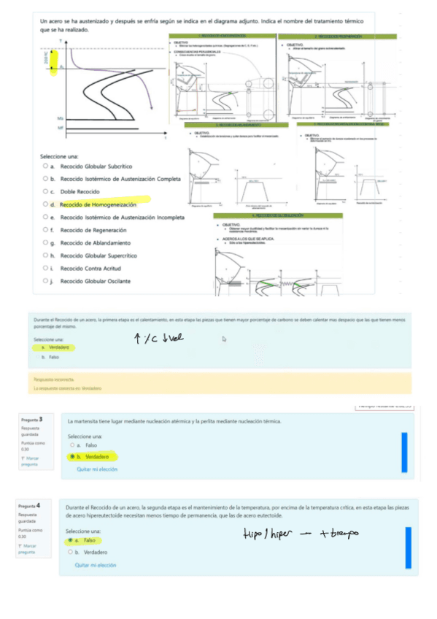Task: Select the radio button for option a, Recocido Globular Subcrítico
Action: [x=46, y=166]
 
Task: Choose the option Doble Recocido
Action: [x=80, y=192]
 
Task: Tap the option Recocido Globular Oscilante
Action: [x=96, y=281]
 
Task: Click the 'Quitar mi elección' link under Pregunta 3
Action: [x=97, y=469]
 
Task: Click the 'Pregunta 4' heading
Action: [x=31, y=505]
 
